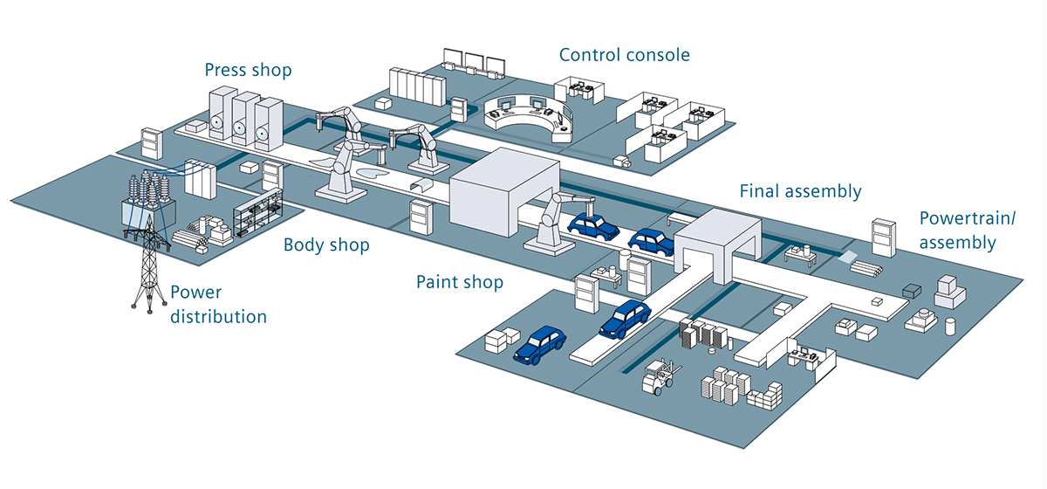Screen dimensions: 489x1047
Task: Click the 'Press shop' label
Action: tap(248, 69)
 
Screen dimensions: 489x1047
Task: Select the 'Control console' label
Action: tap(624, 55)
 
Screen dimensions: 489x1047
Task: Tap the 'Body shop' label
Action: tap(326, 244)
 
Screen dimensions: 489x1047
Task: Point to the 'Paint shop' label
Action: tap(459, 282)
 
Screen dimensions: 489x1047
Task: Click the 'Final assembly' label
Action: tap(800, 190)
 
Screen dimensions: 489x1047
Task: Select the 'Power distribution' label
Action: tap(218, 304)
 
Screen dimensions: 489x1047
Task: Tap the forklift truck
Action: tap(660, 377)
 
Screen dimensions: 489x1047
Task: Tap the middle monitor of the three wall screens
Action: tap(474, 64)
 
